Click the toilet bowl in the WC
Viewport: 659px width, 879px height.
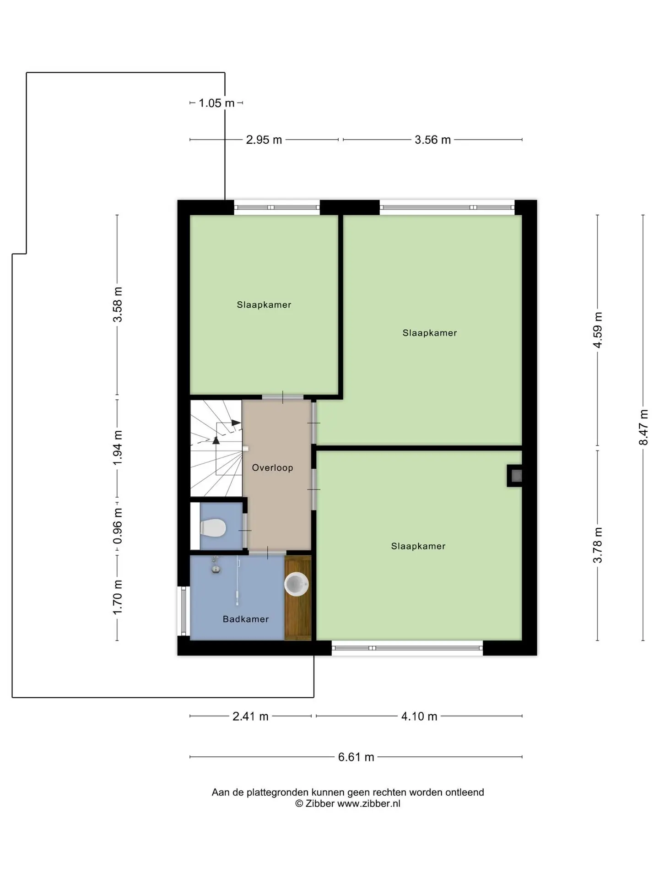pos(213,528)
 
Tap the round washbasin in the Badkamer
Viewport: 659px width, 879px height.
pos(297,584)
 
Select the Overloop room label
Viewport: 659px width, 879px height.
pos(272,468)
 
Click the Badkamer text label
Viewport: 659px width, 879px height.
pos(246,619)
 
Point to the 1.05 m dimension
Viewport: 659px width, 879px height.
pos(216,103)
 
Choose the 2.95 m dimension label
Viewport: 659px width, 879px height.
pos(264,140)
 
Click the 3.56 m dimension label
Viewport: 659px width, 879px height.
pos(433,140)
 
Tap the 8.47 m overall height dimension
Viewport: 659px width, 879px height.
pos(643,427)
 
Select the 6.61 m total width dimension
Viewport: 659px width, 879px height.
pos(356,757)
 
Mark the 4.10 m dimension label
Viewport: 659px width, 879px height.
pos(419,716)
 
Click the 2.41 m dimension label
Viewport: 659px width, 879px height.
pos(250,716)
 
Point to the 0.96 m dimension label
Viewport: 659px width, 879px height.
pos(118,526)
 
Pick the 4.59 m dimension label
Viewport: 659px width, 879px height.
pos(598,330)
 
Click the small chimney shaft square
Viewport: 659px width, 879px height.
pos(514,476)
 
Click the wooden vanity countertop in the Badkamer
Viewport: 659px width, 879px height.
pos(297,597)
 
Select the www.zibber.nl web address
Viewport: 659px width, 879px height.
pos(369,803)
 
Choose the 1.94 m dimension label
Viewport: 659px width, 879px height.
pos(118,448)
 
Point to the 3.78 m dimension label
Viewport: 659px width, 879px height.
pos(598,545)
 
